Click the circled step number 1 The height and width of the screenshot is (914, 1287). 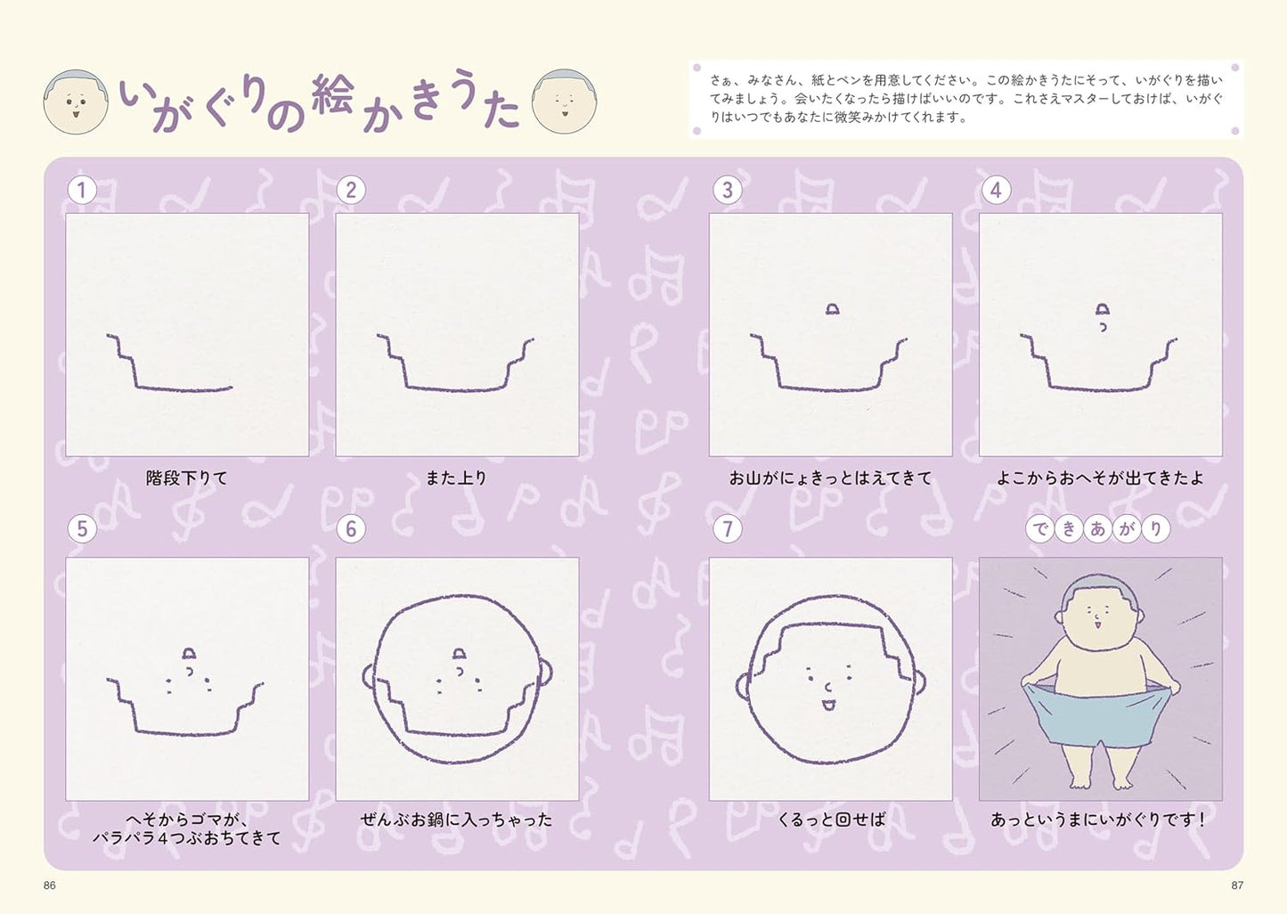click(x=82, y=191)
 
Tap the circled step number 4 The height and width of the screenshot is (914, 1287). click(x=996, y=191)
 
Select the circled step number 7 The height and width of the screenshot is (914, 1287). click(x=727, y=529)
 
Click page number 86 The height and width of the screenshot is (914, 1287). click(x=50, y=885)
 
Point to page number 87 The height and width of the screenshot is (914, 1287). click(x=1237, y=885)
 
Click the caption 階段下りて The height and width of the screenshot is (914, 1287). click(x=187, y=477)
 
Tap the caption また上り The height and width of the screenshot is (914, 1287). click(x=456, y=477)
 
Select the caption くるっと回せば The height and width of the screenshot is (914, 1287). click(x=831, y=820)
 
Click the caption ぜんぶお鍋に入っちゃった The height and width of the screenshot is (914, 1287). click(x=456, y=820)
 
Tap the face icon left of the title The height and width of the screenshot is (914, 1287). click(x=76, y=102)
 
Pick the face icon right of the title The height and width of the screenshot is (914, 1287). click(x=564, y=102)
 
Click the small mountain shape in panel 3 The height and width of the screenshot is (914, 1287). click(x=832, y=309)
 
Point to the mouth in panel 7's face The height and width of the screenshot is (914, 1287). click(x=828, y=705)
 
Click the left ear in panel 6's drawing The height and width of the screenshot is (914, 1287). click(x=369, y=676)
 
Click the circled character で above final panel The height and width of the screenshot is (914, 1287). click(x=1039, y=529)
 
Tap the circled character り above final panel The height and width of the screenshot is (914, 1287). click(x=1155, y=529)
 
